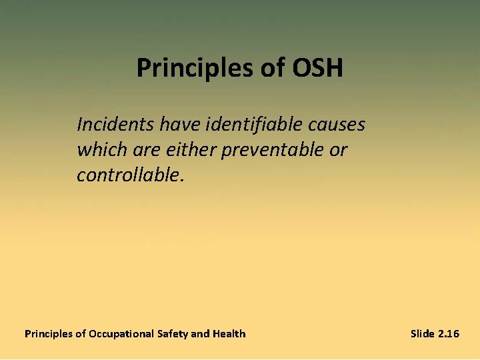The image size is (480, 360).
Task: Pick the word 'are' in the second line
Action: point(139,150)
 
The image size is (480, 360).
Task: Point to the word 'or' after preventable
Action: point(338,150)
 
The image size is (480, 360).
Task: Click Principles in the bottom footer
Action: point(49,333)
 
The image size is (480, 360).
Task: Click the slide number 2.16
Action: point(448,333)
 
